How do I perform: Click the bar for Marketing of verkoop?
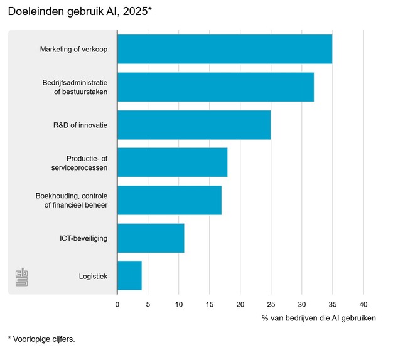coord(224,49)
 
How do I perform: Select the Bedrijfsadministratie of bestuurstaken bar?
coord(215,87)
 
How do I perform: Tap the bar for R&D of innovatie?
coord(193,125)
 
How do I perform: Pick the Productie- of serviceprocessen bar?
coord(172,162)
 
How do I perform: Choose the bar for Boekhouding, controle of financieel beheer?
coord(169,200)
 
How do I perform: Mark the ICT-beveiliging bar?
coord(151,238)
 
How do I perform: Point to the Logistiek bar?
coord(129,276)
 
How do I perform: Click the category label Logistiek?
coord(93,276)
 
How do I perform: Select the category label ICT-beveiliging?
coord(83,238)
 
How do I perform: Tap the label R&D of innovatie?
coord(80,125)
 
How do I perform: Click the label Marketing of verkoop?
coord(73,49)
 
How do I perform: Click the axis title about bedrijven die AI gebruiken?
coord(318,319)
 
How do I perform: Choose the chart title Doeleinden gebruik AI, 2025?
coord(80,12)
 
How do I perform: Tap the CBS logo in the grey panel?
coord(21,277)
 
